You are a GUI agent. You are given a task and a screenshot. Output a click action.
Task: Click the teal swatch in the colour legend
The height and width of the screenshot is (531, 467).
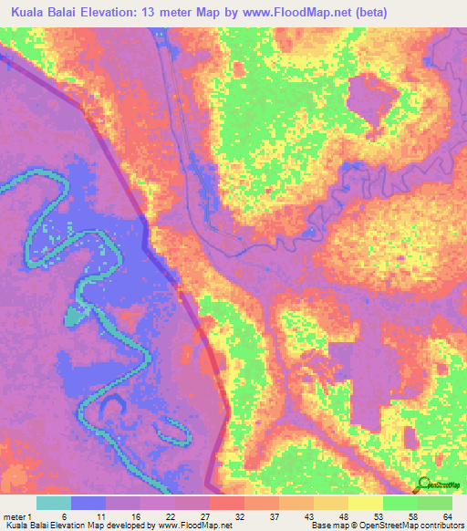pyautogui.click(x=54, y=503)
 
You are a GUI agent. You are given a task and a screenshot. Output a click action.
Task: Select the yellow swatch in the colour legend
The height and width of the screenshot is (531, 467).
pyautogui.click(x=365, y=503)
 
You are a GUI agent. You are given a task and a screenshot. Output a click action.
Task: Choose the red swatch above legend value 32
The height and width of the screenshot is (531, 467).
pyautogui.click(x=226, y=503)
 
